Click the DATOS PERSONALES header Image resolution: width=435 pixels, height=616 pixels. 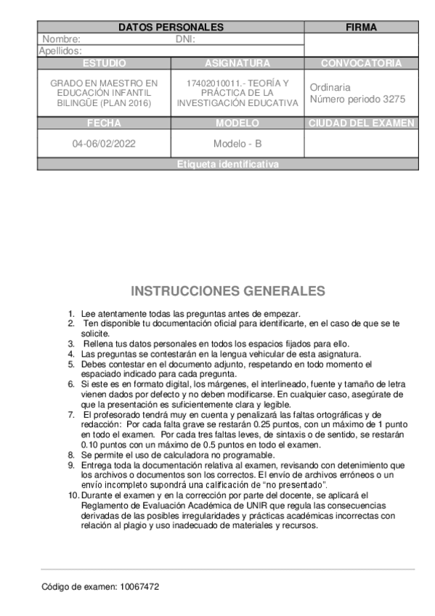click(171, 28)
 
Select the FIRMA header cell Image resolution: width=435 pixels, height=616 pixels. click(361, 28)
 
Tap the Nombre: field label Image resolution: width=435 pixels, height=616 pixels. click(62, 40)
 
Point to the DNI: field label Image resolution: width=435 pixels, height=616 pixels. click(187, 40)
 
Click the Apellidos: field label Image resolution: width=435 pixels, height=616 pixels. click(60, 51)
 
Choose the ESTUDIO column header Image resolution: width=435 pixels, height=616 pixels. click(104, 63)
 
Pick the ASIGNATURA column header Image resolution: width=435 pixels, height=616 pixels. click(237, 63)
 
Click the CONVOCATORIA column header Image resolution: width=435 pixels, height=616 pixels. click(361, 63)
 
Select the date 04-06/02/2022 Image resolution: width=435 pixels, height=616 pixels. click(103, 143)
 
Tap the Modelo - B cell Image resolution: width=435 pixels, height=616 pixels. click(237, 143)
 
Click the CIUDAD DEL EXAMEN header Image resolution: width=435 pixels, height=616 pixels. click(361, 123)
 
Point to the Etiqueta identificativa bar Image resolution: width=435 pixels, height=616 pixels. click(227, 164)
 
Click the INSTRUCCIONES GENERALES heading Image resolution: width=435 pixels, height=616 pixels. click(227, 291)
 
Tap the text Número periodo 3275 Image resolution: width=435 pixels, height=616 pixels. click(357, 99)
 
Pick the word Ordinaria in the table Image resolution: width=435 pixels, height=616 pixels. click(330, 87)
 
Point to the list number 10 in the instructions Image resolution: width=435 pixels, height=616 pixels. click(73, 495)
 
